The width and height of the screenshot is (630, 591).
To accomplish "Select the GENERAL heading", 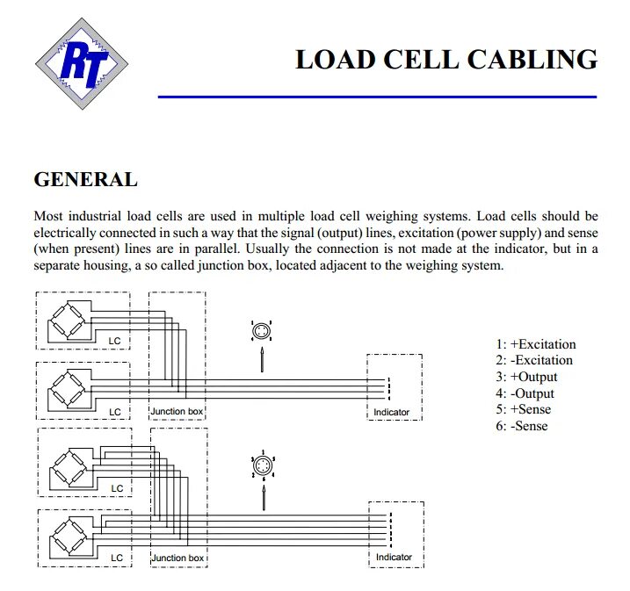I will coord(85,180).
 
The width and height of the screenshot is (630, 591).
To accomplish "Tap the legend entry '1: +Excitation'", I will coord(535,344).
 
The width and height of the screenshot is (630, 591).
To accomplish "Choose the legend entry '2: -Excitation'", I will coord(533,360).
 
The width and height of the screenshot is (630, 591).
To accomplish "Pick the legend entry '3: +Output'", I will coord(525,377).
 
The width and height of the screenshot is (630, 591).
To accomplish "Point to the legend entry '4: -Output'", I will coord(525,393).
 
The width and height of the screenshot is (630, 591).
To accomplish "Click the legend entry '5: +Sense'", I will coord(523,410).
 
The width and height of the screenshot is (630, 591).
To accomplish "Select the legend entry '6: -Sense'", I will coord(521,426).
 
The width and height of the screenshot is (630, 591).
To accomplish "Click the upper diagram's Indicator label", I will coord(391,412).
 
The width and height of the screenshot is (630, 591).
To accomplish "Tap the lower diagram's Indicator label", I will coord(394,558).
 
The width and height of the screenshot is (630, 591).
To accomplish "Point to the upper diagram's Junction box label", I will coord(177,411).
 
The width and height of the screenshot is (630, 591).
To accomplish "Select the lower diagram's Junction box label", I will coord(177,558).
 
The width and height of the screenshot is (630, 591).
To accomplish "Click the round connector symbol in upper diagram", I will coord(261,332).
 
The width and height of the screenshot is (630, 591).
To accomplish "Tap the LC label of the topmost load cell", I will coord(113,340).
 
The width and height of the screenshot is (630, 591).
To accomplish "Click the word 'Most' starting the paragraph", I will coord(48,216).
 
